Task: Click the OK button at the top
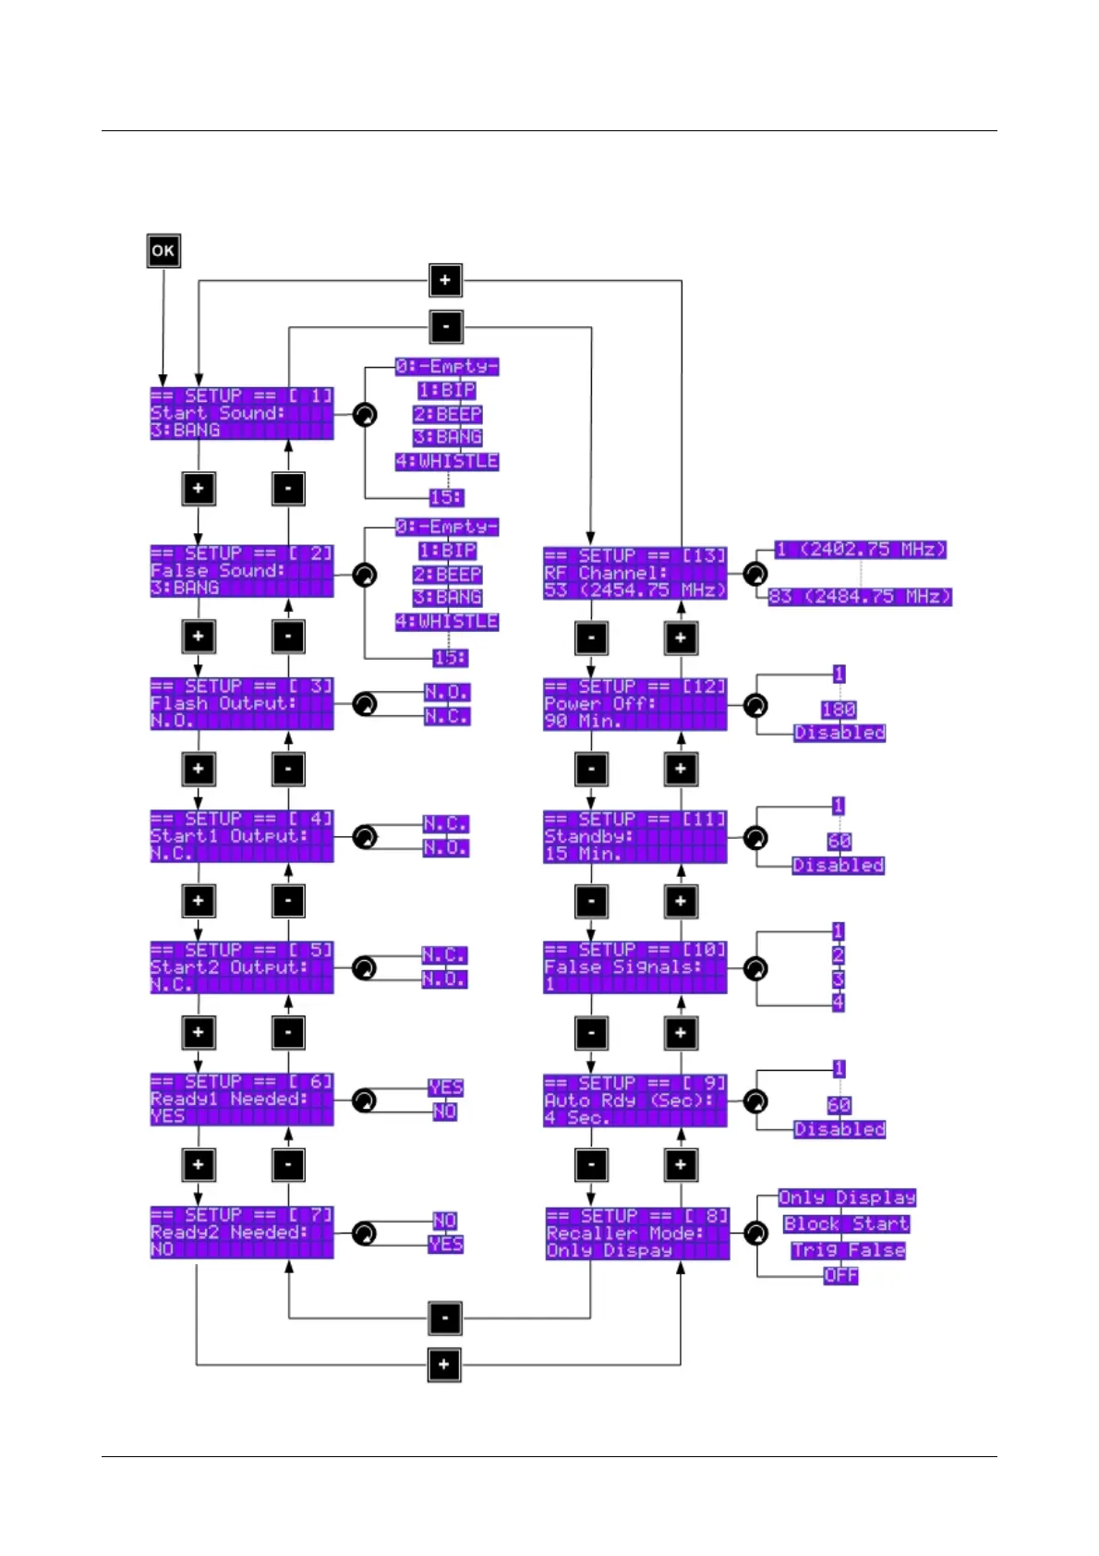pos(163,250)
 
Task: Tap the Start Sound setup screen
pos(241,413)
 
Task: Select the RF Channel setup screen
pos(635,573)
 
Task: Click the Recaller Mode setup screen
pos(637,1233)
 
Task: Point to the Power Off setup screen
pos(635,704)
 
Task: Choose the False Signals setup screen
pos(635,967)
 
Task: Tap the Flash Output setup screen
pos(241,703)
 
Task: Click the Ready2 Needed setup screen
pos(241,1232)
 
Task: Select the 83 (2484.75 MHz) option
pos(860,596)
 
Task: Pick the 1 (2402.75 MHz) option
pos(861,550)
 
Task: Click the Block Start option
pos(846,1224)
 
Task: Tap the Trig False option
pos(848,1250)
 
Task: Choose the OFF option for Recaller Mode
pos(840,1275)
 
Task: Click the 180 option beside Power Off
pos(839,709)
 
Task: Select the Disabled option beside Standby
pos(839,865)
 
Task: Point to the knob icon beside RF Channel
pos(755,574)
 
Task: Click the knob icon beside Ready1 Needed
pos(365,1100)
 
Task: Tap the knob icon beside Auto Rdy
pos(755,1101)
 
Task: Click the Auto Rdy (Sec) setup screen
pos(635,1100)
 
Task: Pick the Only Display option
pos(847,1197)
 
